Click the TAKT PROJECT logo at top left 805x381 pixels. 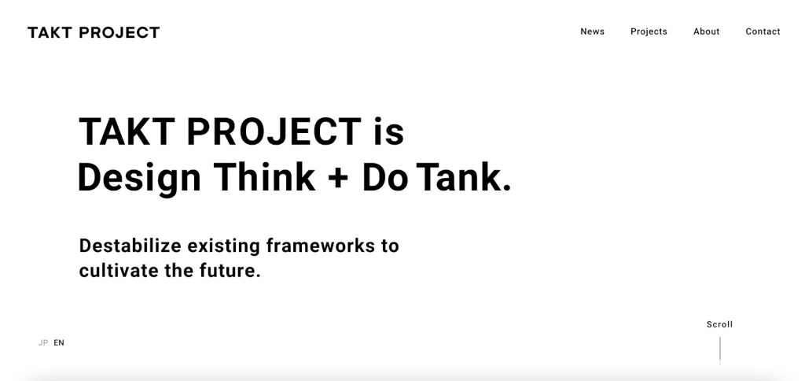click(94, 32)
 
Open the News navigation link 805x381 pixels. click(592, 31)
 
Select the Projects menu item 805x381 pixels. click(649, 31)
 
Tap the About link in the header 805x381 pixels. click(707, 31)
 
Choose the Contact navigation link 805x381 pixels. click(763, 31)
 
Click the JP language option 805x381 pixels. click(43, 342)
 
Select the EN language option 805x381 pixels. click(59, 342)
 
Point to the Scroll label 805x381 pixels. click(720, 324)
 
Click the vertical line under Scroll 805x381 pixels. click(720, 350)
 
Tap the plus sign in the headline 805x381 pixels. click(337, 178)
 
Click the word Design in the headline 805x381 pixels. click(139, 178)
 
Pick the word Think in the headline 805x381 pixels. click(264, 176)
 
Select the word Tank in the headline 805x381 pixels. click(464, 176)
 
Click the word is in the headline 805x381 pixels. click(388, 131)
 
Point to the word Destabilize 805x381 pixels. click(130, 246)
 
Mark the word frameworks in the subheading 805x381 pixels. click(321, 246)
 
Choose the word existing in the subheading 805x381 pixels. click(224, 246)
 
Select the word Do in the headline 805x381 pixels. click(385, 176)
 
